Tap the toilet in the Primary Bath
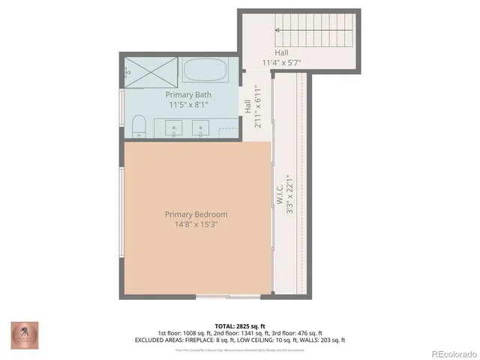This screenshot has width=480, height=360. point(138,128)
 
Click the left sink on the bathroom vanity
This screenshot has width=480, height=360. point(175,128)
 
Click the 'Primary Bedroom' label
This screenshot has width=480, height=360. point(196,214)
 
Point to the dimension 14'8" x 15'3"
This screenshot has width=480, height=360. point(196,224)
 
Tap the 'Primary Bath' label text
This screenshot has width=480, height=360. point(187,94)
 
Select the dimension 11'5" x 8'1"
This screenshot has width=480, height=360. point(187,105)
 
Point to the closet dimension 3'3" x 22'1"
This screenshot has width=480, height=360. point(289,202)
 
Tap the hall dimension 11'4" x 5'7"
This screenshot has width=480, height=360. point(281,62)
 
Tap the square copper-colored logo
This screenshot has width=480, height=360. point(22,334)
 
